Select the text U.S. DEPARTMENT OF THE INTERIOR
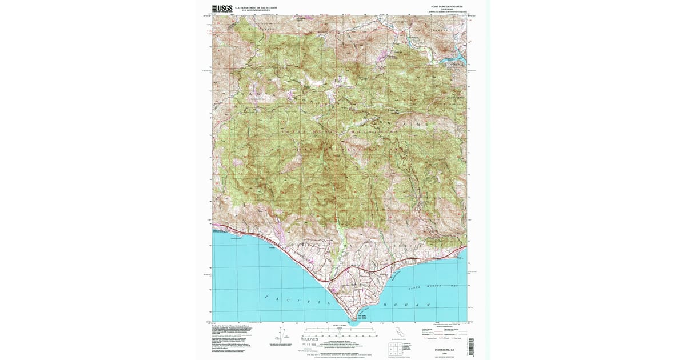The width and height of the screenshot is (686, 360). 256,7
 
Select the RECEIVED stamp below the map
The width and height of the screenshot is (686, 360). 309,339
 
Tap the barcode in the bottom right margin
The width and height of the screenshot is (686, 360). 471,345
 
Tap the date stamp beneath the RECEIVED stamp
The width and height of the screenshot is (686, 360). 309,345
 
